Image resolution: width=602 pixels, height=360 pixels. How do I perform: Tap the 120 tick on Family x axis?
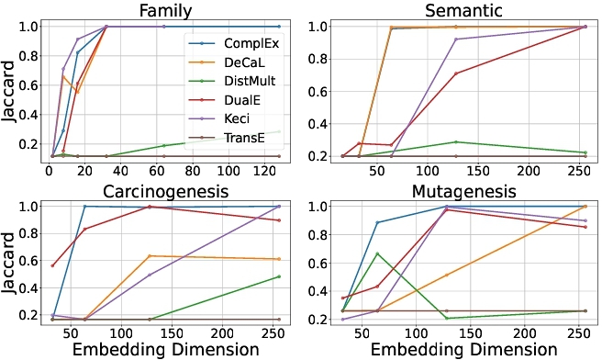(x=265, y=171)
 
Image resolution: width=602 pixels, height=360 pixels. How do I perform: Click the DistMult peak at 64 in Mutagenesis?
(x=377, y=253)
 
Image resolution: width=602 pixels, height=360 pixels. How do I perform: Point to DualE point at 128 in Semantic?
(x=456, y=73)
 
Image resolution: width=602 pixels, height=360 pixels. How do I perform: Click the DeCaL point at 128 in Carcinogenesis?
(x=150, y=256)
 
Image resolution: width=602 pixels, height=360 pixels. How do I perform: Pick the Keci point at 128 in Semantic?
(x=456, y=39)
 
